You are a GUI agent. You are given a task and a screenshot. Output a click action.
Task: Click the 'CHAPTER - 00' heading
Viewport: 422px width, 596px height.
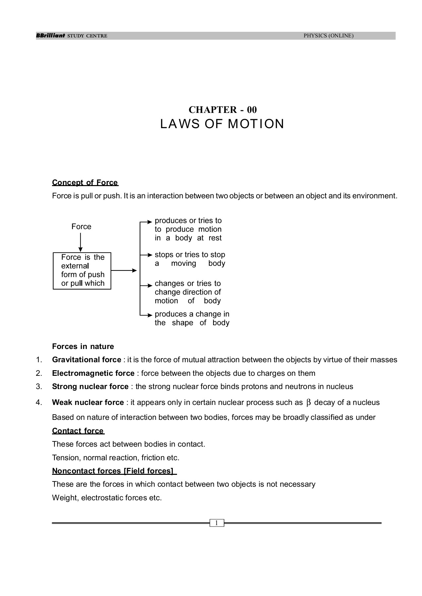point(222,110)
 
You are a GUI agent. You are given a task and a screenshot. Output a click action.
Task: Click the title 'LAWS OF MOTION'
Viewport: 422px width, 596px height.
point(222,124)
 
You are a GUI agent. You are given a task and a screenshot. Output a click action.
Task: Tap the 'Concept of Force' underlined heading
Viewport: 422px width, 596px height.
point(85,183)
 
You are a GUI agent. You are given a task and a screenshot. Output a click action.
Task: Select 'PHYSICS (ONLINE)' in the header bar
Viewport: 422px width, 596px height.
point(328,36)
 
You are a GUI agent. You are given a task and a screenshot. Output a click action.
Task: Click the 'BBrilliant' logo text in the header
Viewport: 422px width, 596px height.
point(50,36)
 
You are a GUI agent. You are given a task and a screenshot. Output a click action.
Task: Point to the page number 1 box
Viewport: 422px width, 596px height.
point(217,523)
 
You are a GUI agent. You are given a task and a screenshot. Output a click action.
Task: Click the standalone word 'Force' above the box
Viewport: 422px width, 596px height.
point(81,226)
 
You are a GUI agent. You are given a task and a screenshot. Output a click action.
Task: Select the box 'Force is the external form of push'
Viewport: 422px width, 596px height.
point(82,271)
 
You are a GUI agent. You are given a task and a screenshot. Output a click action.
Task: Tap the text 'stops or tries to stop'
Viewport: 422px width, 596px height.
point(190,255)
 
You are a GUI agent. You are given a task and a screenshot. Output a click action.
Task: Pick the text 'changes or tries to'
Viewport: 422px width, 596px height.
point(188,283)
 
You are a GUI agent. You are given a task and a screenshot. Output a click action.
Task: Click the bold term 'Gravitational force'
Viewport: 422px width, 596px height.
point(87,360)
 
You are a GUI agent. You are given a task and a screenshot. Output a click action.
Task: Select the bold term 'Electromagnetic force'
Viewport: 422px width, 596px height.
point(93,373)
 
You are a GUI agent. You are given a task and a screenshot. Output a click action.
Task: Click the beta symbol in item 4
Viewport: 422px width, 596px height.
point(309,403)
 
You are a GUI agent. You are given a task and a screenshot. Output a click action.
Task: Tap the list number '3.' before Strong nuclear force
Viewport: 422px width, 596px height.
point(39,386)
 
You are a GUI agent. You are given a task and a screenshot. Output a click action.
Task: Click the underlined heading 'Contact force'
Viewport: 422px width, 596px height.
point(78,431)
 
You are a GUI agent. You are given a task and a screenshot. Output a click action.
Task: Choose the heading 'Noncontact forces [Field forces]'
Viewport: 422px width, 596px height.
point(113,471)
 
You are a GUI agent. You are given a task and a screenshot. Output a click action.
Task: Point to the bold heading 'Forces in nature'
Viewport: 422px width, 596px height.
point(83,346)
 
